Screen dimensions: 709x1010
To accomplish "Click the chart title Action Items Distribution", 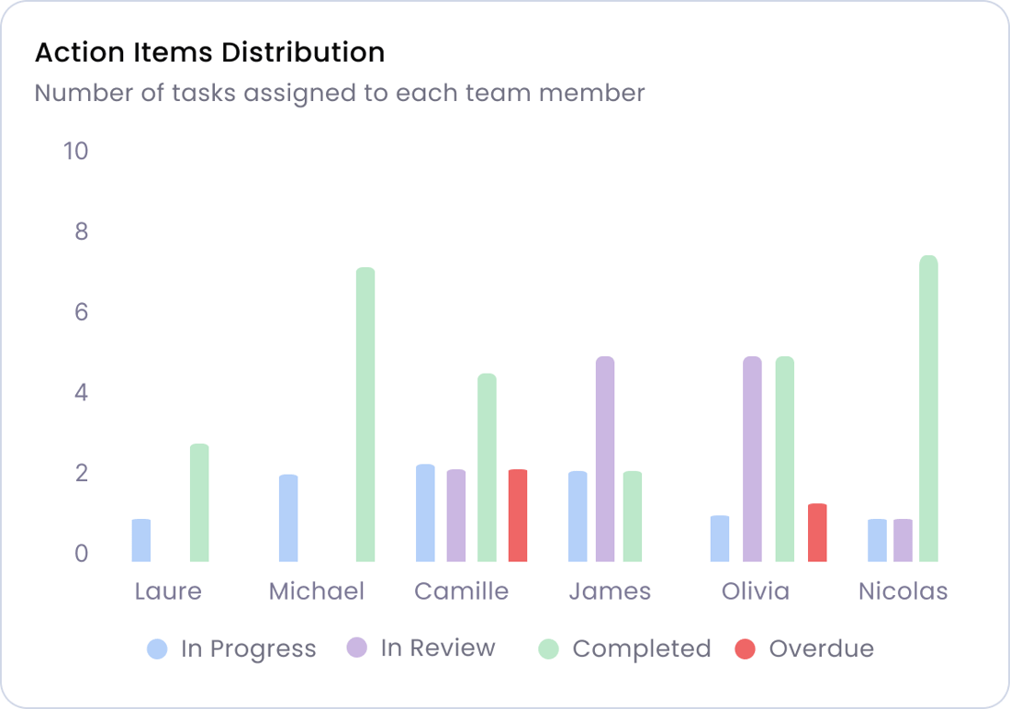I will tap(209, 52).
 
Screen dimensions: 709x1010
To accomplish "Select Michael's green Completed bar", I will tap(365, 414).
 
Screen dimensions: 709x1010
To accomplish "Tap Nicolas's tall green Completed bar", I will tap(928, 409).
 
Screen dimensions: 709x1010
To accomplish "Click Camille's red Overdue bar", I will tap(518, 515).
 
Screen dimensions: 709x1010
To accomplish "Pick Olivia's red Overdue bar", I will tap(817, 533).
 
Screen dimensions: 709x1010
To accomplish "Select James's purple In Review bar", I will tap(605, 459).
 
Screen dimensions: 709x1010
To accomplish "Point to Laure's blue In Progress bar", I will tap(141, 540).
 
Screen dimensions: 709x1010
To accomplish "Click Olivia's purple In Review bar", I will tap(753, 459).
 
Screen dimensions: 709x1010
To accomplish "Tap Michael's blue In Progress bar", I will tap(288, 518).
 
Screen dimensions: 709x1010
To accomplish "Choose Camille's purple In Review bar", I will tap(456, 515).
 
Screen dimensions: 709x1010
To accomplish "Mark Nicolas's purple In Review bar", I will tap(903, 540).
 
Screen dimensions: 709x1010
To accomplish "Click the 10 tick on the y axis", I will tap(75, 151).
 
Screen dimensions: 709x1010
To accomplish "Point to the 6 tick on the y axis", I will tap(81, 312).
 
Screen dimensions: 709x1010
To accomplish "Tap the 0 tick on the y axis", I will tap(81, 554).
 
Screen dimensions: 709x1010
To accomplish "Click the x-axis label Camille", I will tap(461, 591).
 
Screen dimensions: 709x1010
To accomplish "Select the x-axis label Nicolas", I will tap(903, 591).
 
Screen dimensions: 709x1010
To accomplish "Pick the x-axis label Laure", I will tap(168, 591).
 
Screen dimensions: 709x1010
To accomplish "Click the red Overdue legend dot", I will tap(746, 649).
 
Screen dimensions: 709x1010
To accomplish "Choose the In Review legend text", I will tap(438, 648).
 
